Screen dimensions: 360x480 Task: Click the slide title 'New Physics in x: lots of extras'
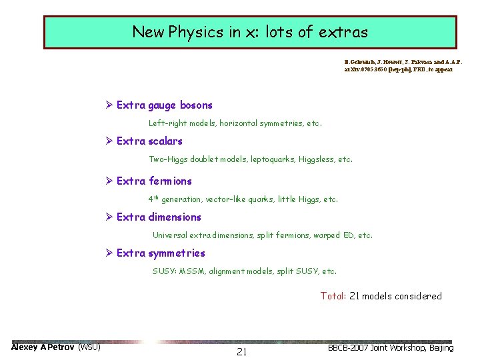250,32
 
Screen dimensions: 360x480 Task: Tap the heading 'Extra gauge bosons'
164,105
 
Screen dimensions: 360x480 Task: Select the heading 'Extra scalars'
149,141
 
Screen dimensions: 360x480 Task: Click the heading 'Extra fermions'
154,181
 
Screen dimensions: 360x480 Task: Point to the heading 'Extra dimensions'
159,217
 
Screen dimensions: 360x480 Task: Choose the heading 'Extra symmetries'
161,253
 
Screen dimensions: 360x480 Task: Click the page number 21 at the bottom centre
241,352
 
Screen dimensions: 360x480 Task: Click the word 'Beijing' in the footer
440,348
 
